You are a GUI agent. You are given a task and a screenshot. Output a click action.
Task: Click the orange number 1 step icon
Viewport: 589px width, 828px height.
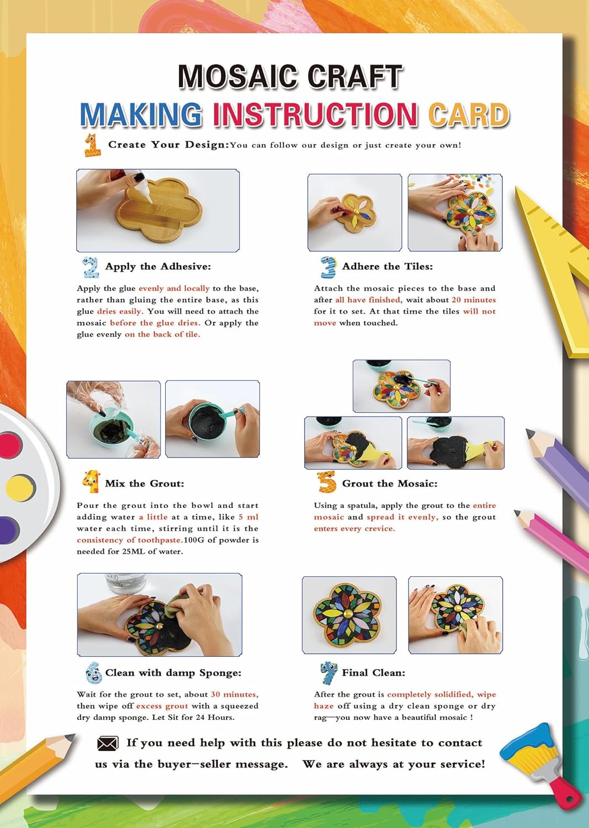92,145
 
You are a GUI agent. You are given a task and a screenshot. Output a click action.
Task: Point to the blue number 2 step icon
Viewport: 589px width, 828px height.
91,267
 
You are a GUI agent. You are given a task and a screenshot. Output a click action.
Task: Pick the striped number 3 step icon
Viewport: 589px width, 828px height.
328,267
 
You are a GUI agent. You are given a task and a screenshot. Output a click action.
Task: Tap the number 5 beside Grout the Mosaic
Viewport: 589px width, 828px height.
326,482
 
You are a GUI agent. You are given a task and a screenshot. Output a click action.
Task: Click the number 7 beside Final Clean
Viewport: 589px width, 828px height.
328,673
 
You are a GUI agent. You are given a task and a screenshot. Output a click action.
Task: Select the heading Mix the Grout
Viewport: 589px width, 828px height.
145,484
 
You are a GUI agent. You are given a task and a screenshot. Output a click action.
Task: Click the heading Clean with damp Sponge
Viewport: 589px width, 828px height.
173,673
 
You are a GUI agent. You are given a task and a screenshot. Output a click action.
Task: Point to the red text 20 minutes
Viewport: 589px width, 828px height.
474,300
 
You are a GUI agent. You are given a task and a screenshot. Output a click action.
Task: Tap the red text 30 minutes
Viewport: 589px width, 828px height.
235,694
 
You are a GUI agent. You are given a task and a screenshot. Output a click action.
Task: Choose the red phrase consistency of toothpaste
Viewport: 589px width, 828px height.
129,540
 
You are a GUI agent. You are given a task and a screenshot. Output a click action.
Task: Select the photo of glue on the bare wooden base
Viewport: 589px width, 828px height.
158,211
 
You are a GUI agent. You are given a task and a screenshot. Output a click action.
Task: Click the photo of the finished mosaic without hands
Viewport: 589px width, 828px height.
349,615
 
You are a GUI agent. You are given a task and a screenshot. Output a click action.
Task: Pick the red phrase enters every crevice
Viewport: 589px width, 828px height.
354,529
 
